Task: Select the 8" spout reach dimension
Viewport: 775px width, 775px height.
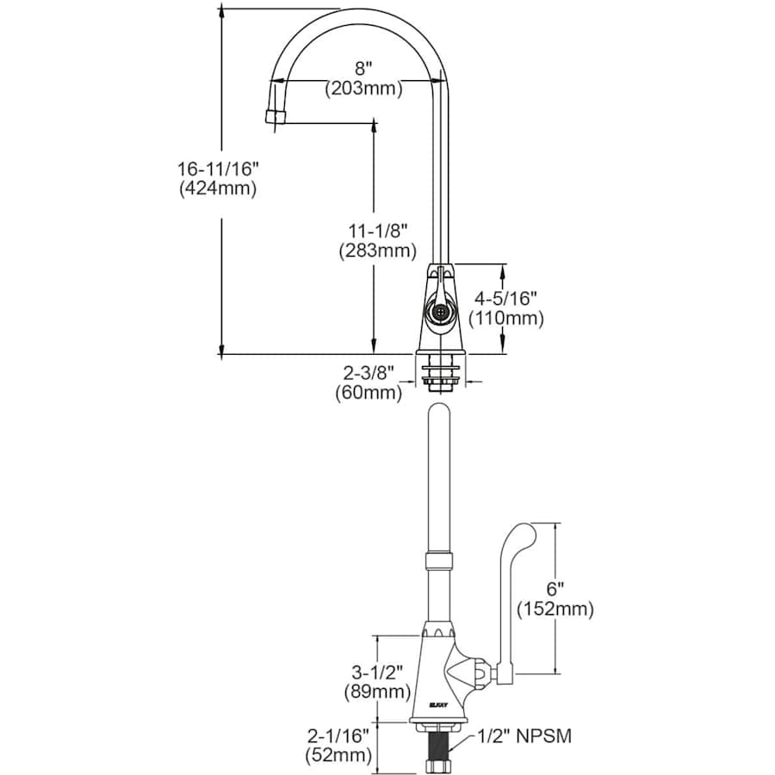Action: click(x=364, y=67)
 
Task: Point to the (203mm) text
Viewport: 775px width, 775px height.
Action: click(x=364, y=87)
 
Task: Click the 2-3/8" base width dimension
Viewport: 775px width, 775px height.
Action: click(x=369, y=373)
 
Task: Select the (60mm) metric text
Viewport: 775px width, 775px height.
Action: click(x=369, y=393)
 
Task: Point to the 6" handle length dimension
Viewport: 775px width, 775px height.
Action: click(x=555, y=589)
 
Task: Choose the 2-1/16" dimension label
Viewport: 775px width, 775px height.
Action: click(x=338, y=736)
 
